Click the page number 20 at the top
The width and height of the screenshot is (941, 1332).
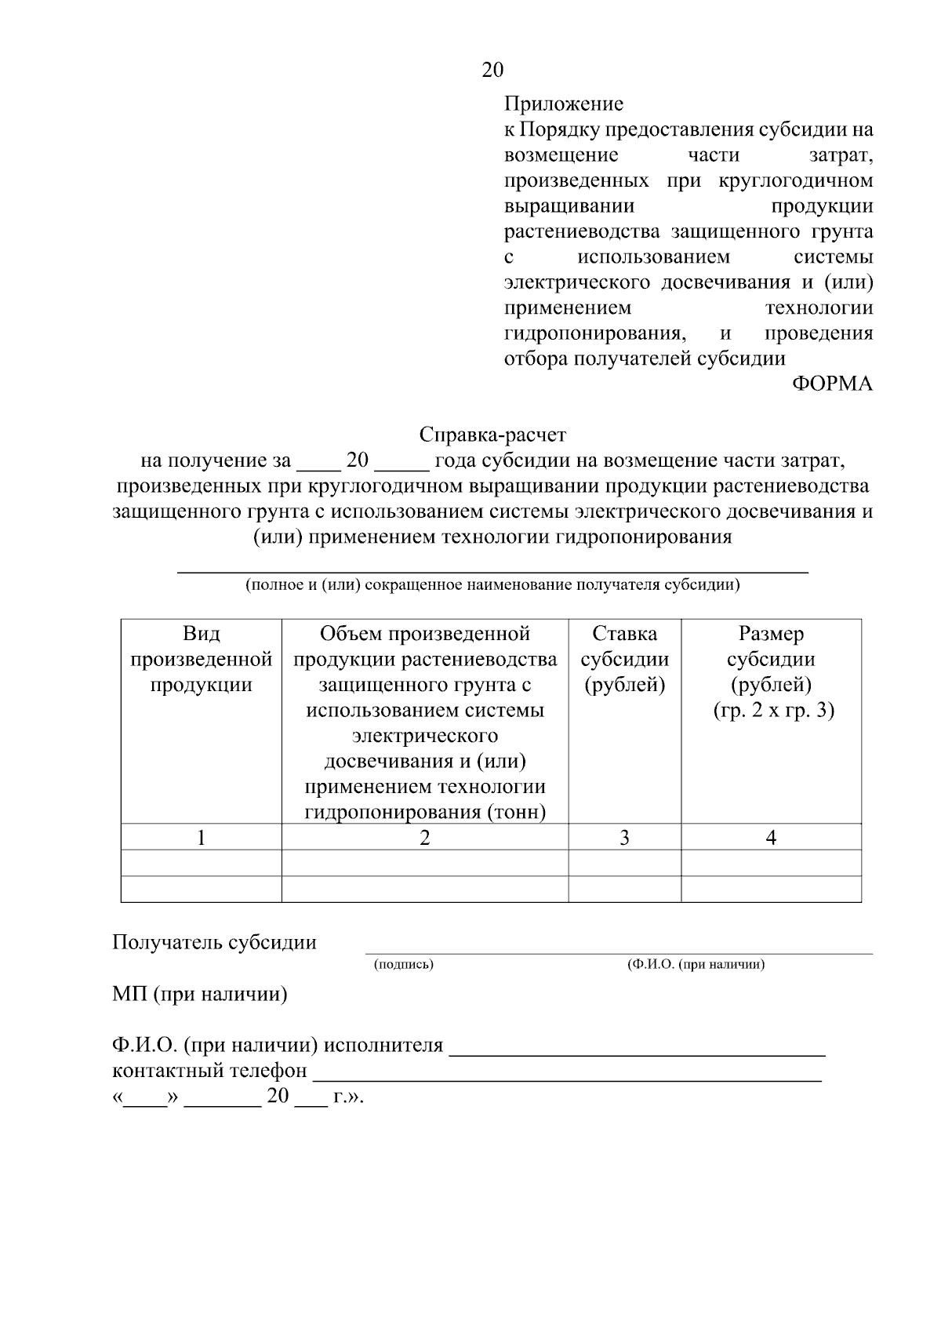click(492, 70)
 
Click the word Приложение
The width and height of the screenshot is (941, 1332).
click(563, 104)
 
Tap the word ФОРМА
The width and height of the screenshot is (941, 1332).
click(832, 384)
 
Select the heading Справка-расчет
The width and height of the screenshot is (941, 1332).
click(492, 434)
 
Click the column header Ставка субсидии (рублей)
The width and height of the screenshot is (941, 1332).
click(624, 659)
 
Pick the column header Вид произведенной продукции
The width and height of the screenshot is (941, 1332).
click(202, 659)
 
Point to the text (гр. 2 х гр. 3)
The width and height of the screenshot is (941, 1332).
click(773, 711)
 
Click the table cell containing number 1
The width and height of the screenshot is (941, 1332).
click(202, 838)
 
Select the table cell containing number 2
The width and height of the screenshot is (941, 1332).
click(424, 838)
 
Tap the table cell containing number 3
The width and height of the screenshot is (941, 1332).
click(624, 838)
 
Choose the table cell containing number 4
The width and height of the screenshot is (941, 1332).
click(771, 838)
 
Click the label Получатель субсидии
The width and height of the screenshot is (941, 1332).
click(214, 942)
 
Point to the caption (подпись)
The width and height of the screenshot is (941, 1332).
click(403, 965)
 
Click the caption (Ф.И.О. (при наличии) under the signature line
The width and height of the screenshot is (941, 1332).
click(695, 965)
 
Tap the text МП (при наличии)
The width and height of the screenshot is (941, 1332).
click(199, 995)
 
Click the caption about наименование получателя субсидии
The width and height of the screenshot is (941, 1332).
click(492, 585)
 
